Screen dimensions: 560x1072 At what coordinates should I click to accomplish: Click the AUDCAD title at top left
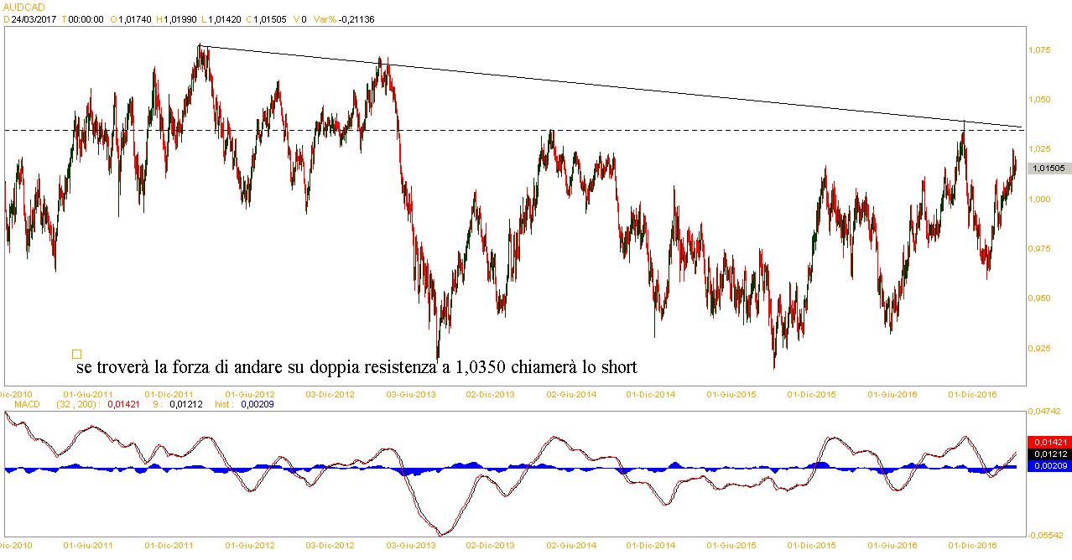(20, 6)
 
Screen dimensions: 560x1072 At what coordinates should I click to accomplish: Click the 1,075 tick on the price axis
(1039, 51)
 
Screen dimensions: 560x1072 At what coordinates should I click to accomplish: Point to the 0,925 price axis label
(1039, 347)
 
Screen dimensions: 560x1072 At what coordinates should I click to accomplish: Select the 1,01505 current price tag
(1049, 168)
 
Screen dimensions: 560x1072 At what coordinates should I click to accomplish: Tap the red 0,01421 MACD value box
(1049, 442)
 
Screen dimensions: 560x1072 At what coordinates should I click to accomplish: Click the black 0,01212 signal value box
(1049, 454)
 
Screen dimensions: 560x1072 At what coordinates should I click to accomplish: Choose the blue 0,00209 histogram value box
(1049, 465)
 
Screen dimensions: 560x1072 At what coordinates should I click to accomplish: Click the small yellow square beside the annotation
(76, 355)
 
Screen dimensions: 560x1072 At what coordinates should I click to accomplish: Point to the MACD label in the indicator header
(21, 404)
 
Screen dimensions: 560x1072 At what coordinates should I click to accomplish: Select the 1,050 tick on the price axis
(1039, 100)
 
